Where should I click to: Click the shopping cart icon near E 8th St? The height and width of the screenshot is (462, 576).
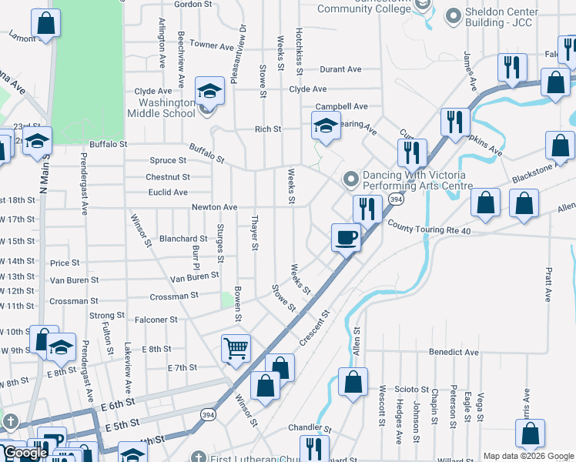(236, 348)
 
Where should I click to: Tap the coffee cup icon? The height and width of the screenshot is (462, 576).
(346, 237)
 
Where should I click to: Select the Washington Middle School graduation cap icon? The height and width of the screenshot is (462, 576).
(209, 92)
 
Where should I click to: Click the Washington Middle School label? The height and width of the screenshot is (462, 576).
(166, 108)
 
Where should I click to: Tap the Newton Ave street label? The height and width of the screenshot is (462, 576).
(214, 207)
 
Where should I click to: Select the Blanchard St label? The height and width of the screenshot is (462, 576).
(183, 239)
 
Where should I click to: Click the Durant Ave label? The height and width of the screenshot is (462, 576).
(340, 69)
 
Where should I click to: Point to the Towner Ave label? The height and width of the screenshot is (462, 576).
(211, 45)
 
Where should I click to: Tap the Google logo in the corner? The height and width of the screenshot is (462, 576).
(25, 453)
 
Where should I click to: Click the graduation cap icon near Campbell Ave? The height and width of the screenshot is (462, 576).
(326, 126)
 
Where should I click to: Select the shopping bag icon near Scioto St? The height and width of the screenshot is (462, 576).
(353, 382)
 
